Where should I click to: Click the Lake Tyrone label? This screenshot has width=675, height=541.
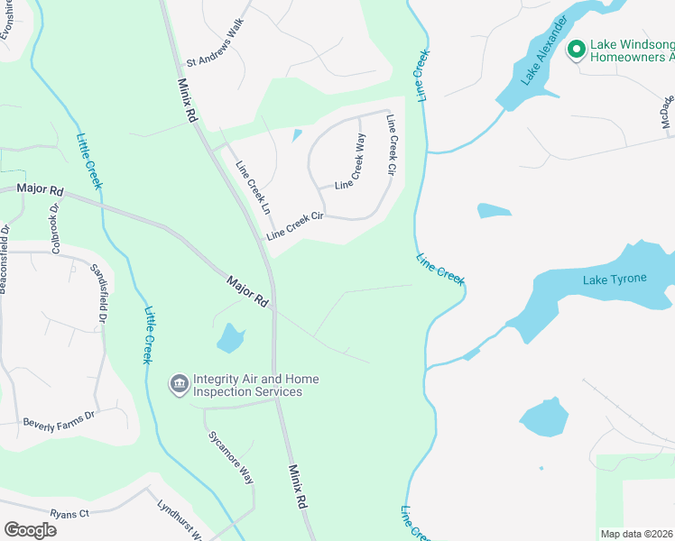click(x=615, y=279)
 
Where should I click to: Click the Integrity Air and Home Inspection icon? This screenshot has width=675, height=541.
click(x=179, y=385)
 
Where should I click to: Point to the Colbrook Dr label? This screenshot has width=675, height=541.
click(x=54, y=231)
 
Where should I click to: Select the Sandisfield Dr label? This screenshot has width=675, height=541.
click(x=98, y=294)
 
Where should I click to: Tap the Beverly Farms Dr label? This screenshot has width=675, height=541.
click(x=59, y=420)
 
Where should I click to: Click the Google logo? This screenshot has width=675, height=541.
click(x=30, y=530)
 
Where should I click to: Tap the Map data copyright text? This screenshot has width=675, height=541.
click(x=637, y=534)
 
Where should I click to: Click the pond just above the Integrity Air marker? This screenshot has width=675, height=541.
click(x=230, y=338)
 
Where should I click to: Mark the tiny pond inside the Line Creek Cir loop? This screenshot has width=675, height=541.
click(x=296, y=136)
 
